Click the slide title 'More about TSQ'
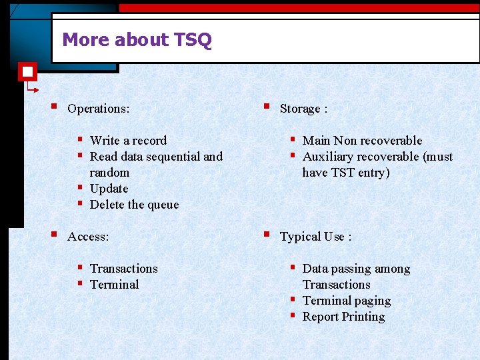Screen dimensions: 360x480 pyautogui.click(x=137, y=40)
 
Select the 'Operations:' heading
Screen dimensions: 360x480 pyautogui.click(x=98, y=109)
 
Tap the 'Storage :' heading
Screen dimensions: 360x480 pyautogui.click(x=303, y=109)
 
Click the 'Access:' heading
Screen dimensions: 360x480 pyautogui.click(x=88, y=237)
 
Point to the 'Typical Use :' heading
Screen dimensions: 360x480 pyautogui.click(x=315, y=237)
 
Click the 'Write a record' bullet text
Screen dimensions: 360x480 pyautogui.click(x=128, y=141)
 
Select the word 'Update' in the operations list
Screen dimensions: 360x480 pyautogui.click(x=109, y=189)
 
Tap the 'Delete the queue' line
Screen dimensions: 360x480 pyautogui.click(x=134, y=205)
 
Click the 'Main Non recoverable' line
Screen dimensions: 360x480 pyautogui.click(x=362, y=141)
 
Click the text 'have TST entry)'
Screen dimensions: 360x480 pyautogui.click(x=345, y=173)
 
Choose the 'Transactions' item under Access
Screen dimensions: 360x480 pyautogui.click(x=123, y=269)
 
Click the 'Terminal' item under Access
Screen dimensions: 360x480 pyautogui.click(x=114, y=285)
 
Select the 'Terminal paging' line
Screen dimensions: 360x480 pyautogui.click(x=346, y=301)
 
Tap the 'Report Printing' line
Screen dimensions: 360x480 pyautogui.click(x=343, y=317)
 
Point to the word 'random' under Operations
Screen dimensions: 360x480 pyautogui.click(x=109, y=173)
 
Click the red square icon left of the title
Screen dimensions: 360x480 pyautogui.click(x=27, y=71)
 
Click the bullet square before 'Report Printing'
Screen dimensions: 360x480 pyautogui.click(x=292, y=315)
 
